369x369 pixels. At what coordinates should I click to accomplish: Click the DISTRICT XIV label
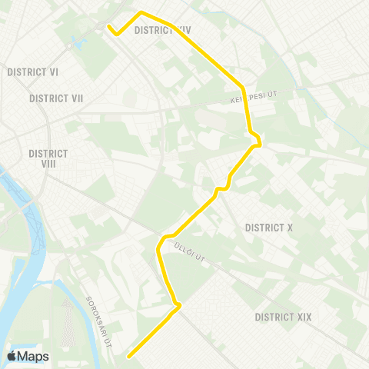click(162, 30)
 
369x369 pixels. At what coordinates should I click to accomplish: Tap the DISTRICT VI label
click(33, 71)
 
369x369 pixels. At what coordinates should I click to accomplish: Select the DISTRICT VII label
click(56, 98)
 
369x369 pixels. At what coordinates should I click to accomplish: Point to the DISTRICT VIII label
click(48, 158)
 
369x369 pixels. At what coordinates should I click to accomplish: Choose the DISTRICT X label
click(269, 228)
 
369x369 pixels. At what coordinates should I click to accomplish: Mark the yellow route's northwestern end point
click(109, 26)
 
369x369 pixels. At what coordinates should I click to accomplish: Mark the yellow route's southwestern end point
click(128, 356)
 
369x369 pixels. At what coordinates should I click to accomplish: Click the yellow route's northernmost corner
click(141, 12)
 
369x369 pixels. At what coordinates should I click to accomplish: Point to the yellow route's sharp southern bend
click(179, 306)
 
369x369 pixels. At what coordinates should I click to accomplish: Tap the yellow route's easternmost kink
click(261, 142)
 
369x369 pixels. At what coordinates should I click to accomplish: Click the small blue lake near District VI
click(75, 43)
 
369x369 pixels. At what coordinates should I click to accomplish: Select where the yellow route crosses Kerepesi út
click(245, 99)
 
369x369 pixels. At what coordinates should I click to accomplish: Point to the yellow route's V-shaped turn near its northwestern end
click(117, 34)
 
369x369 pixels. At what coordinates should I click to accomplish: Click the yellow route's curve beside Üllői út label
click(161, 242)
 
